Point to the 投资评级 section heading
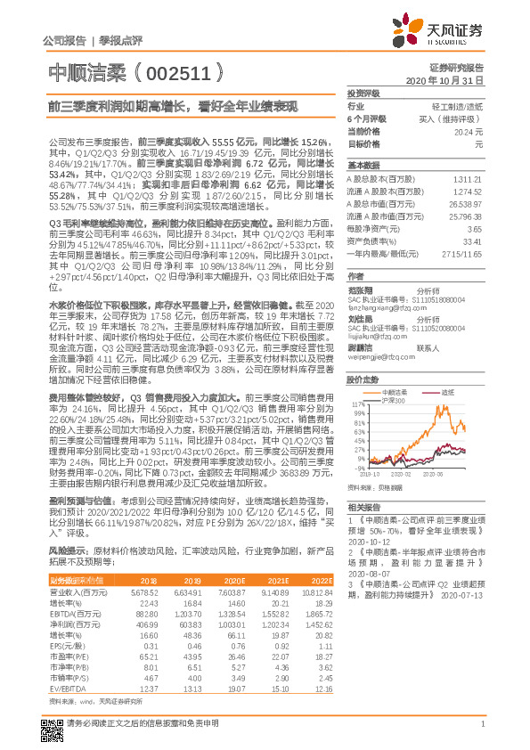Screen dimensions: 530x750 pos(363,93)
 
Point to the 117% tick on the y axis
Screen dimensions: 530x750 pos(357,404)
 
